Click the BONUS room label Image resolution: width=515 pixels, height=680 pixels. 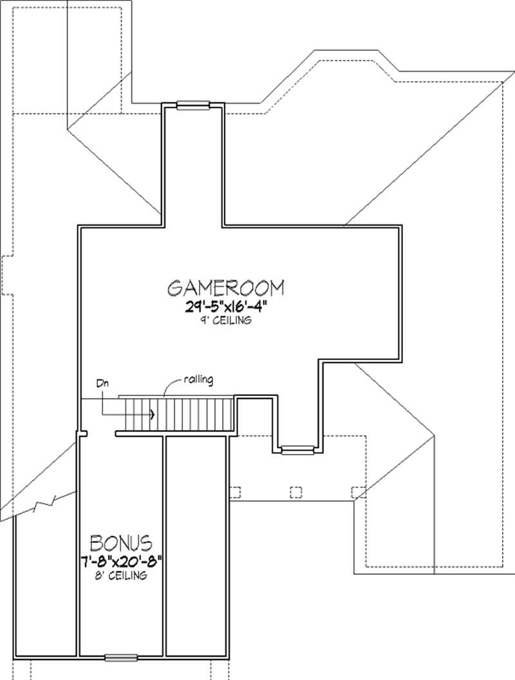click(120, 540)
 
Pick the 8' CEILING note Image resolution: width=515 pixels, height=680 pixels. click(120, 575)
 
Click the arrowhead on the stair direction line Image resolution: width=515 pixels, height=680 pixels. click(152, 414)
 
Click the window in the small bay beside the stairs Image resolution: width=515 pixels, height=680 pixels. click(296, 450)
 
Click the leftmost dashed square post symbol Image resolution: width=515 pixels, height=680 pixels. click(234, 493)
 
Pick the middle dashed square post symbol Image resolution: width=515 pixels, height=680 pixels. click(296, 493)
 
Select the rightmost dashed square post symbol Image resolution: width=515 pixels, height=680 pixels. click(358, 493)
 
